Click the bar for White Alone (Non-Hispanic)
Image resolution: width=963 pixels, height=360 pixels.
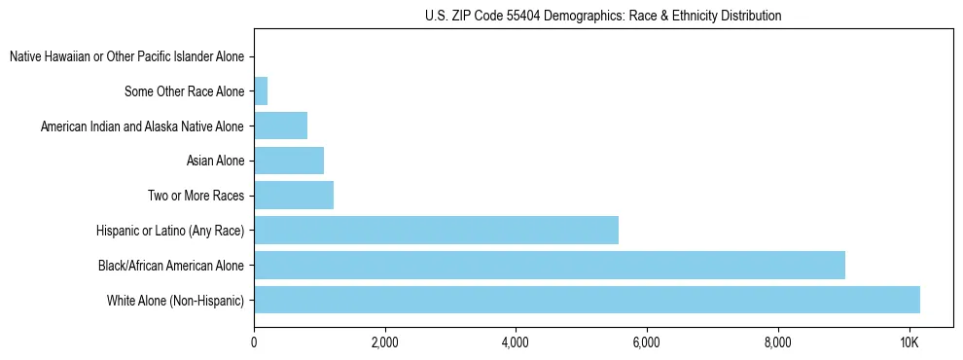(x=587, y=300)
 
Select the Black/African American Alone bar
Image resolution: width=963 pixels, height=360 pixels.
(x=550, y=265)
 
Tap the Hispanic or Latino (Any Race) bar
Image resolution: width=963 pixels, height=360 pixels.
(x=436, y=230)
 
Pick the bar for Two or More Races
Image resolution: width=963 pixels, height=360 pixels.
(x=294, y=196)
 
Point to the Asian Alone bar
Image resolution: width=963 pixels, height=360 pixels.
(x=289, y=161)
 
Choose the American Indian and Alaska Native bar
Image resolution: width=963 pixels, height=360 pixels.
(x=280, y=126)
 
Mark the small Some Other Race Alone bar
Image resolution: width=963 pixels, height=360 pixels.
(x=261, y=91)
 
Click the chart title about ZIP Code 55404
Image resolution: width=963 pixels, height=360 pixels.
(x=603, y=16)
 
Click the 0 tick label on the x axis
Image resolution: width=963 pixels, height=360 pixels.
(x=254, y=342)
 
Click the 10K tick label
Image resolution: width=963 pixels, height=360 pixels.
(x=909, y=342)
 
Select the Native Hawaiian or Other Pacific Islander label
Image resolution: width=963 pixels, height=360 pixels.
(x=126, y=57)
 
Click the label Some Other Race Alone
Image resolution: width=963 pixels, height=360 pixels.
(x=185, y=91)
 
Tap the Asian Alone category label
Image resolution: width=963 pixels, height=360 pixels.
(x=215, y=161)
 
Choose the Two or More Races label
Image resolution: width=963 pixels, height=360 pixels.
(x=196, y=196)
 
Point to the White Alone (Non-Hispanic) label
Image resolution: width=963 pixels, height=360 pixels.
(x=175, y=300)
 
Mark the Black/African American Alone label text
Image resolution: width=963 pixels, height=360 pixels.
(x=170, y=265)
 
